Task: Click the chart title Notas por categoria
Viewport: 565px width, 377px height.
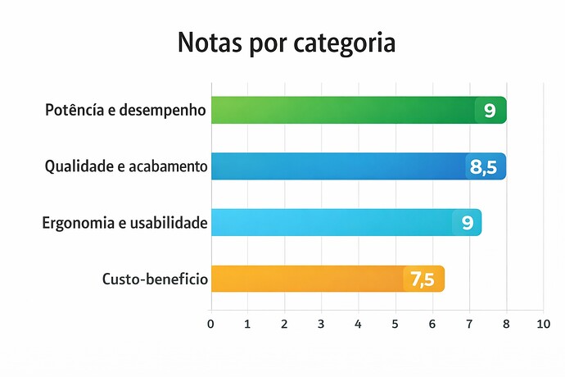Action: click(286, 43)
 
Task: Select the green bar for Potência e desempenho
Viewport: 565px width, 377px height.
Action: click(344, 110)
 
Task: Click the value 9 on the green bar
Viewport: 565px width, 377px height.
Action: click(490, 111)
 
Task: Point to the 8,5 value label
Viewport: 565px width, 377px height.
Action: click(484, 167)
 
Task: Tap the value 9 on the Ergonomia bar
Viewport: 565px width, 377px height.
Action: click(467, 223)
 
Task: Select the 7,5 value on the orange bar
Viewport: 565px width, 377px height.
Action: click(423, 279)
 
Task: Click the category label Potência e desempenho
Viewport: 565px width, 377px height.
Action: click(125, 110)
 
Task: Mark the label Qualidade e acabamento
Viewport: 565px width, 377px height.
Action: click(125, 166)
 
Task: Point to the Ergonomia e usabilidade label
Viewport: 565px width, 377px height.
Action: click(124, 222)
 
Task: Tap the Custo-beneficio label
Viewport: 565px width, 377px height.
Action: click(155, 279)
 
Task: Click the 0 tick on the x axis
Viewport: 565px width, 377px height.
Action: click(211, 323)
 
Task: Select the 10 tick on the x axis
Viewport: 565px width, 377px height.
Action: click(543, 323)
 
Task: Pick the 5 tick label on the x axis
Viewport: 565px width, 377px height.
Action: click(395, 323)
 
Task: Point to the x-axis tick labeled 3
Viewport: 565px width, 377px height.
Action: click(322, 323)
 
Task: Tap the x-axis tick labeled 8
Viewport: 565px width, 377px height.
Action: click(506, 323)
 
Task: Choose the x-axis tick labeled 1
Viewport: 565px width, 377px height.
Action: click(248, 323)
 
